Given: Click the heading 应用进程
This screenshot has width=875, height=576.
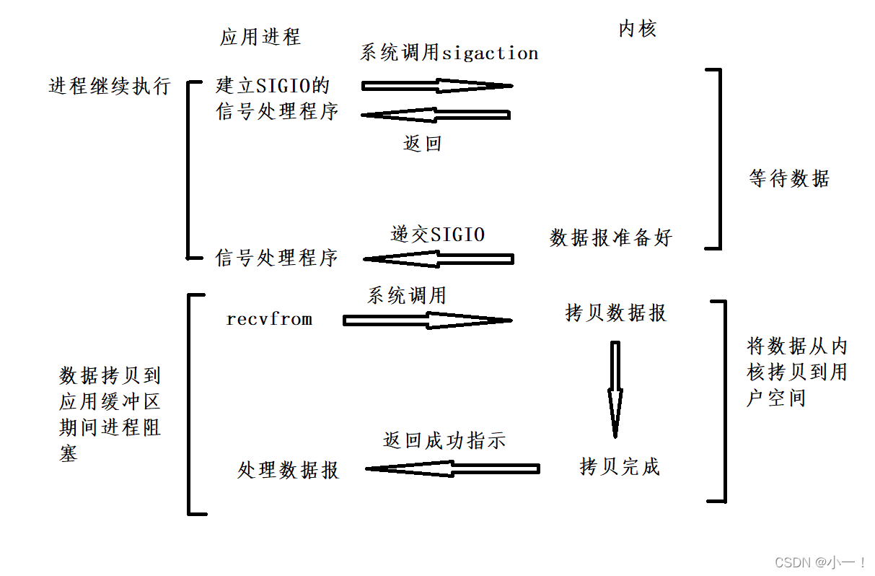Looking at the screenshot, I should click(x=260, y=38).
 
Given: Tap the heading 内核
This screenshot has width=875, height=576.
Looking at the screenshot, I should click(x=638, y=29).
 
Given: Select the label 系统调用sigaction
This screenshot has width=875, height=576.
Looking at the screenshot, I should click(x=449, y=53).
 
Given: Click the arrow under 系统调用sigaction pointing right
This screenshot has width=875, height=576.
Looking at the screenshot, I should click(x=436, y=86).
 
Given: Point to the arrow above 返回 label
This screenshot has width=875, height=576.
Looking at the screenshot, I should click(x=435, y=115).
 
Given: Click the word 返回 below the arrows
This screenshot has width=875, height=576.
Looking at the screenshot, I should click(x=422, y=143).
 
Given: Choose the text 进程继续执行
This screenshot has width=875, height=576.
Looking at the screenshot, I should click(x=109, y=87).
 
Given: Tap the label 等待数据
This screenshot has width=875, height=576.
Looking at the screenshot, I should click(x=789, y=178).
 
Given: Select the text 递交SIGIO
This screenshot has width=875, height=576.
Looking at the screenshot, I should click(x=438, y=235).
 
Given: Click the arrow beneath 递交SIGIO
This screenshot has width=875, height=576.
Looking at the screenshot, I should click(x=438, y=258).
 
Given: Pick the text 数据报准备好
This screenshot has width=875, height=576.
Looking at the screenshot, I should click(x=611, y=237).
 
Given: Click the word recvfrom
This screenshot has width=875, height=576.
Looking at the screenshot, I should click(x=269, y=319).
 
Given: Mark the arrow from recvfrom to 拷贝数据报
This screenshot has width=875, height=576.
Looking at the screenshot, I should click(x=427, y=320).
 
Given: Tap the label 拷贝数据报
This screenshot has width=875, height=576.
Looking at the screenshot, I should click(x=616, y=313).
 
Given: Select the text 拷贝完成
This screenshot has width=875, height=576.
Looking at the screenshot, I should click(x=620, y=466).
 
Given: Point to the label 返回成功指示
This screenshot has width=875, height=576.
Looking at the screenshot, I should click(x=444, y=441).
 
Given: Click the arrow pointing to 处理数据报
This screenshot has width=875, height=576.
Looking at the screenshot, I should click(x=452, y=469).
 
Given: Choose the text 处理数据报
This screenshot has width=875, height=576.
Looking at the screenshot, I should click(x=289, y=471).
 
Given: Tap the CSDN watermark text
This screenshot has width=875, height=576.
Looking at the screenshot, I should click(x=820, y=562).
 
